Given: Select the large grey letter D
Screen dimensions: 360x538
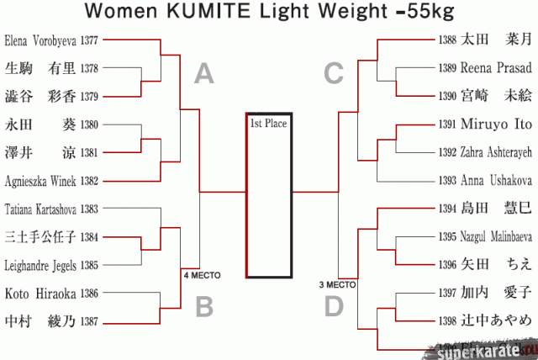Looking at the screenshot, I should tap(335, 306).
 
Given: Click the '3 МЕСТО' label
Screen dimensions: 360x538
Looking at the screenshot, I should tap(336, 284).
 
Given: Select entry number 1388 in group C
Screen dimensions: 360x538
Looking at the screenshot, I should tap(448, 40).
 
